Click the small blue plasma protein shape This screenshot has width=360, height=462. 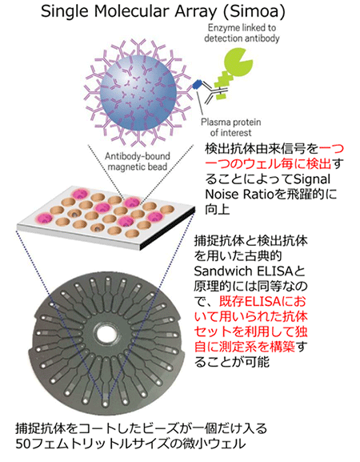(197, 84)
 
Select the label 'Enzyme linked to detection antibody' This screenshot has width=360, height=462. (242, 33)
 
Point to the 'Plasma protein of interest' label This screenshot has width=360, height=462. (230, 127)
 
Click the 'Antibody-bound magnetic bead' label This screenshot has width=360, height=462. (138, 161)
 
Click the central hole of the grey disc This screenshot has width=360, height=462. (106, 334)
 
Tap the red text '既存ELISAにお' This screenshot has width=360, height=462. (262, 301)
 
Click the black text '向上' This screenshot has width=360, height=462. (217, 210)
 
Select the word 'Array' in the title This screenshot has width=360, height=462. (194, 12)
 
